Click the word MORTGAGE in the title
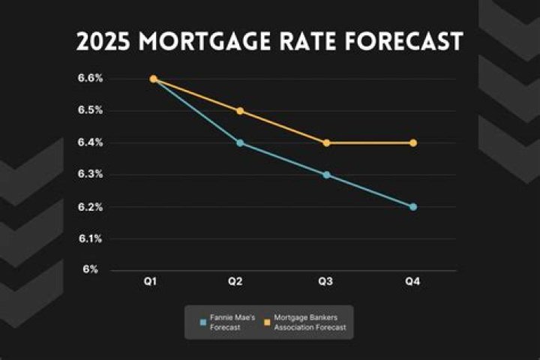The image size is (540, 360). [x=208, y=42]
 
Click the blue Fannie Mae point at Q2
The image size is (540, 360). [x=240, y=142]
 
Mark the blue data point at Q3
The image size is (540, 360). [x=326, y=175]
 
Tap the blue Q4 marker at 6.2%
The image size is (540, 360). [x=412, y=206]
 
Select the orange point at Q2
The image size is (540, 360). [x=240, y=111]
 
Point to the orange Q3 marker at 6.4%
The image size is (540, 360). [x=326, y=142]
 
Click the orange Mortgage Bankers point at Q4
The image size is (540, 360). [x=412, y=142]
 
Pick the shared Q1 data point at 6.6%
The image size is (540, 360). [x=153, y=79]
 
